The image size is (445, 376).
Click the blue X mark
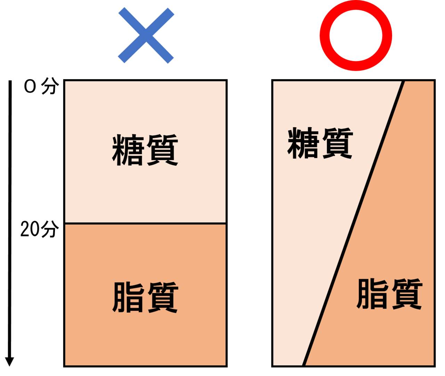(146, 35)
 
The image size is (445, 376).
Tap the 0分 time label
(41, 86)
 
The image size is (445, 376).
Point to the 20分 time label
(40, 229)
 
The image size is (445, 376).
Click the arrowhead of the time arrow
(9, 362)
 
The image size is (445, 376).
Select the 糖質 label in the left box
(145, 150)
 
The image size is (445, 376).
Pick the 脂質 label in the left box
(145, 298)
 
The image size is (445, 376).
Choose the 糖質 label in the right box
(320, 143)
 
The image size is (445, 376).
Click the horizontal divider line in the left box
(146, 224)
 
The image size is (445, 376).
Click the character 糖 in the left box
(128, 150)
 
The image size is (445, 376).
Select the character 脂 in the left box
(128, 298)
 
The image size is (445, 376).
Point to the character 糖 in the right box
(303, 143)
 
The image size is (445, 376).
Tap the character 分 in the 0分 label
(50, 86)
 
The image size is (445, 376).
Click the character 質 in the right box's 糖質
(338, 143)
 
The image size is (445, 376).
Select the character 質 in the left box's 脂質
(163, 298)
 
